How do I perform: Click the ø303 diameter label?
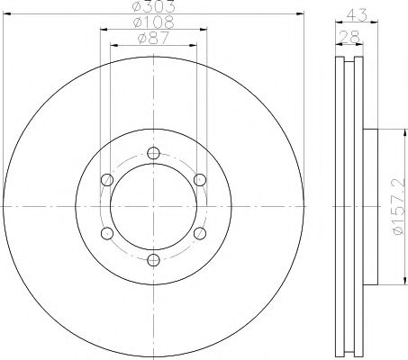[153, 6]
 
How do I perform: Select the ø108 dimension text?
[153, 22]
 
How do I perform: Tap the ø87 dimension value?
[153, 38]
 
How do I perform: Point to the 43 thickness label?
[357, 15]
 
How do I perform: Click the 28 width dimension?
[349, 38]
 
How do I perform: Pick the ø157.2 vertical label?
[399, 207]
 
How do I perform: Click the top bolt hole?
[153, 153]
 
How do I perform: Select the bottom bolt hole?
[153, 260]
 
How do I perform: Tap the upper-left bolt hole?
[107, 180]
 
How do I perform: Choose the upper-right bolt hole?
[200, 180]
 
